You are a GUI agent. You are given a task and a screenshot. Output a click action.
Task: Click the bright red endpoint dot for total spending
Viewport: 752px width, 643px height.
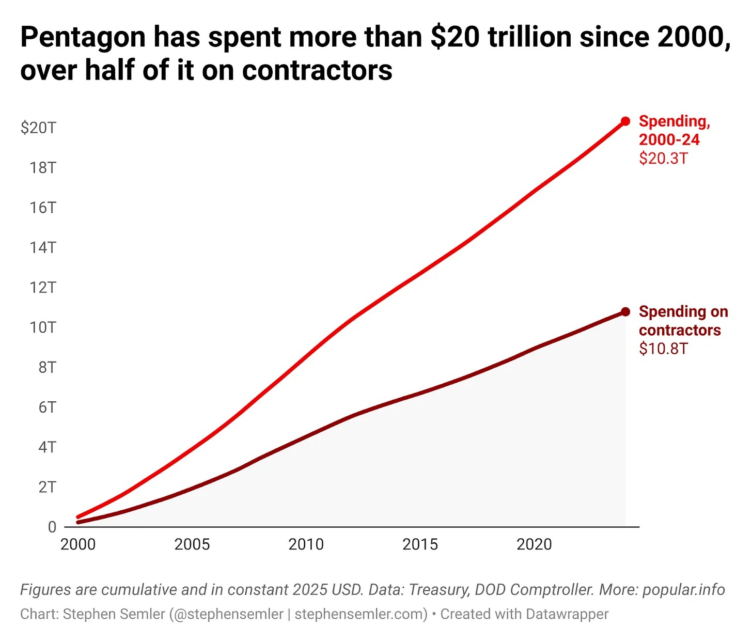tap(625, 121)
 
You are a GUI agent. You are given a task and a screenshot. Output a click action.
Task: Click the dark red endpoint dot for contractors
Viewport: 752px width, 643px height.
tap(625, 311)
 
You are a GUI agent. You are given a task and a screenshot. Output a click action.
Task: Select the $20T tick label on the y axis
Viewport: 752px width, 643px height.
tap(38, 128)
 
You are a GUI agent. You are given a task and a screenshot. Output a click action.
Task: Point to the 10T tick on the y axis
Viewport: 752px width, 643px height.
tap(42, 327)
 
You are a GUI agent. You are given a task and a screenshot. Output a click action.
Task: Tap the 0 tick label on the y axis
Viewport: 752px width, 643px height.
tap(52, 527)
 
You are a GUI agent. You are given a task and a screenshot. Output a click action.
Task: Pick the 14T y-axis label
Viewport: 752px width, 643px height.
tap(42, 247)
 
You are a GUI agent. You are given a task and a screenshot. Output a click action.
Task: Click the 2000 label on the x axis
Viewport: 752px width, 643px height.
tap(78, 544)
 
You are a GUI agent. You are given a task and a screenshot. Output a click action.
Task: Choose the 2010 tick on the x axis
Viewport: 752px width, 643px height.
tap(306, 544)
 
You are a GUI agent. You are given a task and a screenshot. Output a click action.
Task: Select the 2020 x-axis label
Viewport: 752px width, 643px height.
tap(534, 544)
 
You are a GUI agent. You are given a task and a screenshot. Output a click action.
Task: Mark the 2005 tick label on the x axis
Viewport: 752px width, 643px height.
tap(192, 544)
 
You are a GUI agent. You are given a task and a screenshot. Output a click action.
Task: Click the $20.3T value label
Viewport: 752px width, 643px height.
tap(663, 158)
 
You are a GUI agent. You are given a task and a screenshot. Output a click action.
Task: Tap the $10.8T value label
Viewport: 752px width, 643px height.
tap(663, 349)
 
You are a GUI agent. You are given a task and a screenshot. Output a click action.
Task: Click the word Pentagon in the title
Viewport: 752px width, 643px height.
tap(83, 38)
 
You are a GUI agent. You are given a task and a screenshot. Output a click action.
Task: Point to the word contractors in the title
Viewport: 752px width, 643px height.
tap(317, 70)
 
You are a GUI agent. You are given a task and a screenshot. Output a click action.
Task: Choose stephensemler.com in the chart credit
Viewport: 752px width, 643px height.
tap(361, 614)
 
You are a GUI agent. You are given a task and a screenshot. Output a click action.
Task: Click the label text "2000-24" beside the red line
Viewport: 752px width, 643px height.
tap(669, 139)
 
